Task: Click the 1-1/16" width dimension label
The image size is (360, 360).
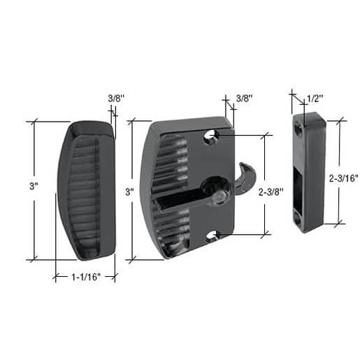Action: [86, 277]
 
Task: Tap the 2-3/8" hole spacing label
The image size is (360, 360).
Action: [271, 192]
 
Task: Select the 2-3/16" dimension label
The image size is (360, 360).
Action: [343, 178]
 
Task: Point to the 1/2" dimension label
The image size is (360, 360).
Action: [315, 99]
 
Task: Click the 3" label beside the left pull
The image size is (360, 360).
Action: [34, 186]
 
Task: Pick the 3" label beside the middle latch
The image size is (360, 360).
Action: [129, 192]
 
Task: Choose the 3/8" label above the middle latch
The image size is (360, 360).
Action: [245, 99]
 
